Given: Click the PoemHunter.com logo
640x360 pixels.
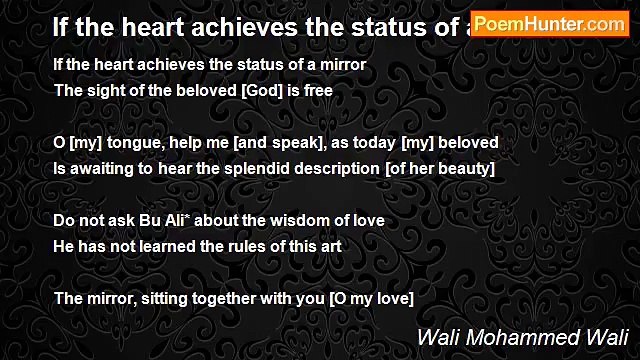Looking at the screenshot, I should click(549, 25).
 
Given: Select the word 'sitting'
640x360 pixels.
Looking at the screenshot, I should click(166, 298).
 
